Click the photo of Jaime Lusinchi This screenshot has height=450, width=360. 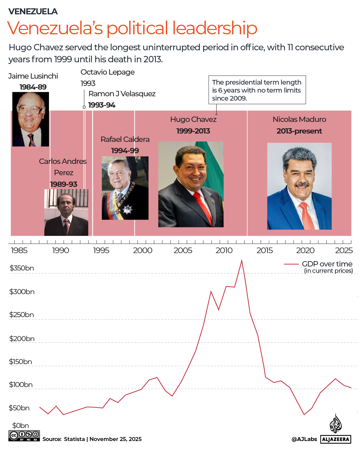coord(31,119)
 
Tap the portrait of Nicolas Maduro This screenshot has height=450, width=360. coord(299,186)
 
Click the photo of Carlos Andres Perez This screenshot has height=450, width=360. coord(66,213)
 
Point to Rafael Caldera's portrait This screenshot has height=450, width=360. coord(125,188)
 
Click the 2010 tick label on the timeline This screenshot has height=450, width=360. coord(224,250)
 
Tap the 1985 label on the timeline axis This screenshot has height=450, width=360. coord(19,250)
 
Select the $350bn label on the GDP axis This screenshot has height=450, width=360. coord(22,268)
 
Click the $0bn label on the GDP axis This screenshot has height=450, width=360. coord(21,426)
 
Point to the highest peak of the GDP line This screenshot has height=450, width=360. coord(242,260)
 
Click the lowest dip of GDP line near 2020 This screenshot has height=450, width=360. coord(304,414)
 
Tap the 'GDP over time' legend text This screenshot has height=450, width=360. coord(327,264)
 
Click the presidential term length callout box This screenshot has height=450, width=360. coord(257,90)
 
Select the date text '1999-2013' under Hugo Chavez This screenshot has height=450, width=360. coord(193,131)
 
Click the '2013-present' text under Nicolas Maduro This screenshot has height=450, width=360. coord(299,131)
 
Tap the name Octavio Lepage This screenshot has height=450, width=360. coord(108,72)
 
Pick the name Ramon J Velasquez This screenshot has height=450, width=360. coord(122,94)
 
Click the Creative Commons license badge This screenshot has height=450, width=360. coord(24,436)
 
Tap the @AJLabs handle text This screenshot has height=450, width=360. coord(304,439)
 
